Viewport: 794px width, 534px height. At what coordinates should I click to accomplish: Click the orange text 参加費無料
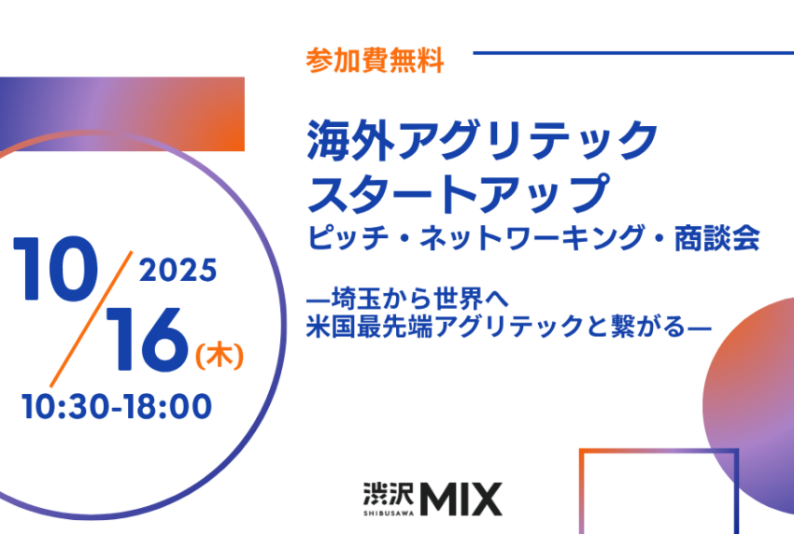click(376, 61)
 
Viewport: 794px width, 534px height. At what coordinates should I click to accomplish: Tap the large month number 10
click(56, 269)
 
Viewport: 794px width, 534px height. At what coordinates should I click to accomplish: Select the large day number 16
click(147, 340)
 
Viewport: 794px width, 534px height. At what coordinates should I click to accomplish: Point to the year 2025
click(177, 271)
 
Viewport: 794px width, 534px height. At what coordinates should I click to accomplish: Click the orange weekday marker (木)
click(220, 356)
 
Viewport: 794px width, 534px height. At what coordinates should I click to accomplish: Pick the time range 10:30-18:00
click(117, 406)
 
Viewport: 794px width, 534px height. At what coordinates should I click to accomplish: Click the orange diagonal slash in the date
click(92, 319)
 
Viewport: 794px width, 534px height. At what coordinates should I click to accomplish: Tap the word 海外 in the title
click(350, 141)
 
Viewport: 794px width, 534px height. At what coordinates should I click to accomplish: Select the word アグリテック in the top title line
click(526, 141)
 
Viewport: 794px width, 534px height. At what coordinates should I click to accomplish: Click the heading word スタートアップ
click(459, 194)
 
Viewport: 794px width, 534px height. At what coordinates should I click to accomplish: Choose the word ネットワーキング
click(532, 238)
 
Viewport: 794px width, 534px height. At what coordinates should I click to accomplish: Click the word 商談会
click(716, 238)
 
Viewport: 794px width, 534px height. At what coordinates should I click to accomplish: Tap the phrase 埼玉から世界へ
click(419, 300)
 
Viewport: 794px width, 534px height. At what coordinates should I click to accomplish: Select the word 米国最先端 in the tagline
click(370, 327)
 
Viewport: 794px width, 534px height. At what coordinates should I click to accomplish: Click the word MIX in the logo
click(461, 499)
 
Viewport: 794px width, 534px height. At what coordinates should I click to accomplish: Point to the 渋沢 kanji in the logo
click(388, 494)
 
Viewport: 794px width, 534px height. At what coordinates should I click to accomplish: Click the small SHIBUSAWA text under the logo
click(388, 513)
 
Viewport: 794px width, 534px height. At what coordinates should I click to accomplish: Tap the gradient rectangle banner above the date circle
click(122, 114)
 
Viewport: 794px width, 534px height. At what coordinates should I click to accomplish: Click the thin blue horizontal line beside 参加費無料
click(633, 52)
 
